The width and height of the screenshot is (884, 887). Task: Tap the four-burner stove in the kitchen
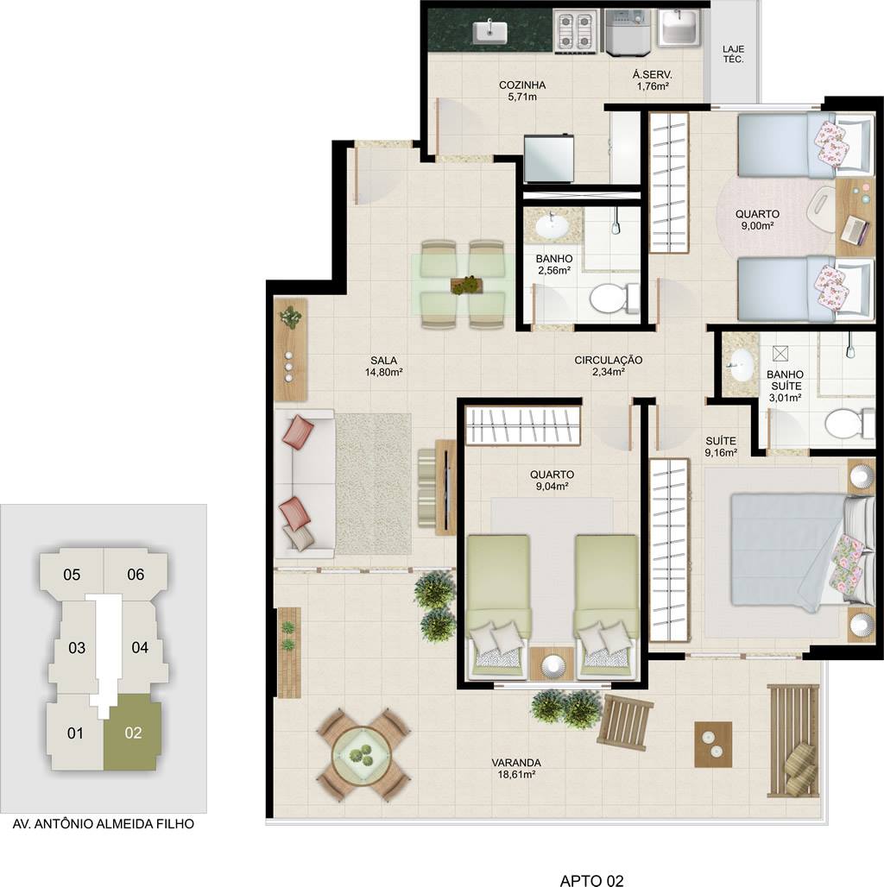576,31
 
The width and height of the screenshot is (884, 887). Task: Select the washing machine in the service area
628,33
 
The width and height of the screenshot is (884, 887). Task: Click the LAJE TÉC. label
733,54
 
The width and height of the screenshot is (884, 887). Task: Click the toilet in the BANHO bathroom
614,298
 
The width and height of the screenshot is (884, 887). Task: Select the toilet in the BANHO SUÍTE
849,423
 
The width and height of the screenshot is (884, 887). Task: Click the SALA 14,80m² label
383,366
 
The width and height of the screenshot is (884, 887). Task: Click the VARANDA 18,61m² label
515,768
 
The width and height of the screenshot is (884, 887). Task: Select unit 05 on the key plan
72,575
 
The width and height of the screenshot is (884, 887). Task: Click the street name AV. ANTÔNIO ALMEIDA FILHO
103,824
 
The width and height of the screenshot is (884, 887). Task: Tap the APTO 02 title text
591,880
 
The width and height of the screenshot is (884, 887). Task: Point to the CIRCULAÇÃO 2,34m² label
609,366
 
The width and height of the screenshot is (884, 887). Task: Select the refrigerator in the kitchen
548,159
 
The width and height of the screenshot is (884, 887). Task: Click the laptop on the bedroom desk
856,230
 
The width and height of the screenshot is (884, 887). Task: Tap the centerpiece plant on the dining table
466,285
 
